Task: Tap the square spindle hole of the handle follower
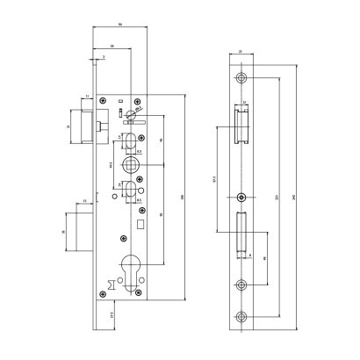click(133, 165)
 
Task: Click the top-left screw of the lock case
click(106, 103)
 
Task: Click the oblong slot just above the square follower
click(132, 140)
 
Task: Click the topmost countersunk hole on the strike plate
click(241, 78)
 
